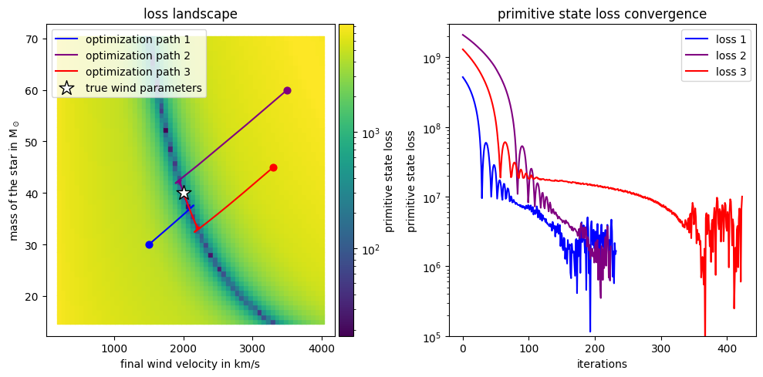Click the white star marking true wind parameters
pos(184,193)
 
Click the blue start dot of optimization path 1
pos(149,244)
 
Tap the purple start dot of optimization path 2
pos(287,90)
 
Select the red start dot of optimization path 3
pos(273,167)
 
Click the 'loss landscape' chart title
pos(191,14)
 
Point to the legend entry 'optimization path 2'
pos(143,56)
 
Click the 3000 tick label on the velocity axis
pos(252,348)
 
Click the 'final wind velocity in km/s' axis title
pos(191,364)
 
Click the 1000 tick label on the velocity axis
pos(114,348)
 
